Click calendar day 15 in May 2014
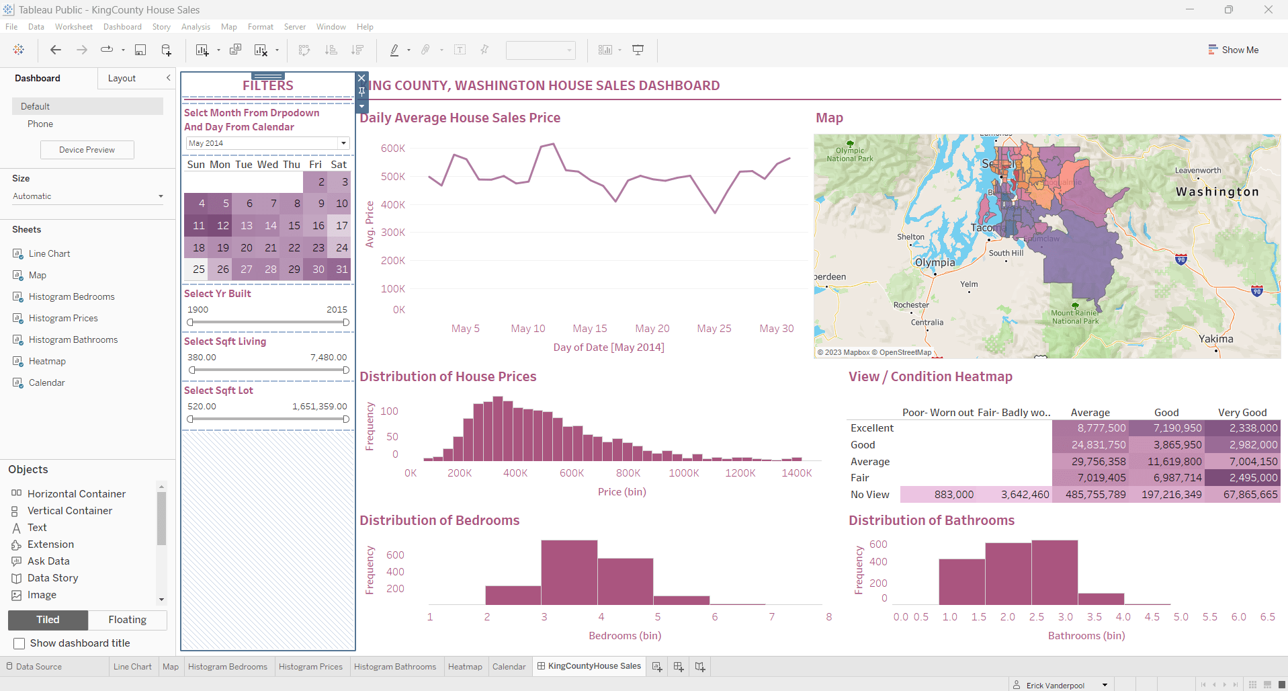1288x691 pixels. [x=294, y=226]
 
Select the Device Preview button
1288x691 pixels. [x=87, y=150]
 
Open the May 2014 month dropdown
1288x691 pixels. [x=343, y=143]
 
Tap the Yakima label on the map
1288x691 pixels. [x=1215, y=339]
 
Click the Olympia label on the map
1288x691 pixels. [x=935, y=262]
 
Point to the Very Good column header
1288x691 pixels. [x=1242, y=413]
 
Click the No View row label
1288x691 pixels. [x=869, y=495]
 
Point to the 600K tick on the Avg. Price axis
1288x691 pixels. [x=393, y=149]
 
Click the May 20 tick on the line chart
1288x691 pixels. [x=652, y=329]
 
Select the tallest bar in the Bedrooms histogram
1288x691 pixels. [x=569, y=571]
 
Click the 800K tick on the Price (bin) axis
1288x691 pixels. [x=628, y=473]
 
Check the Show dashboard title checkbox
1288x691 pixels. [x=19, y=643]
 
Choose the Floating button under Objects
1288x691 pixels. [x=127, y=620]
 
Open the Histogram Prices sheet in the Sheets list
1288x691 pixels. [x=63, y=318]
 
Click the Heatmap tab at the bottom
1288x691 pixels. [x=465, y=667]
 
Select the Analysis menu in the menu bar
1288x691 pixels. [x=196, y=27]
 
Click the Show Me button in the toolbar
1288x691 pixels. [x=1233, y=50]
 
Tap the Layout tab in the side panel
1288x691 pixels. [x=122, y=79]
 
